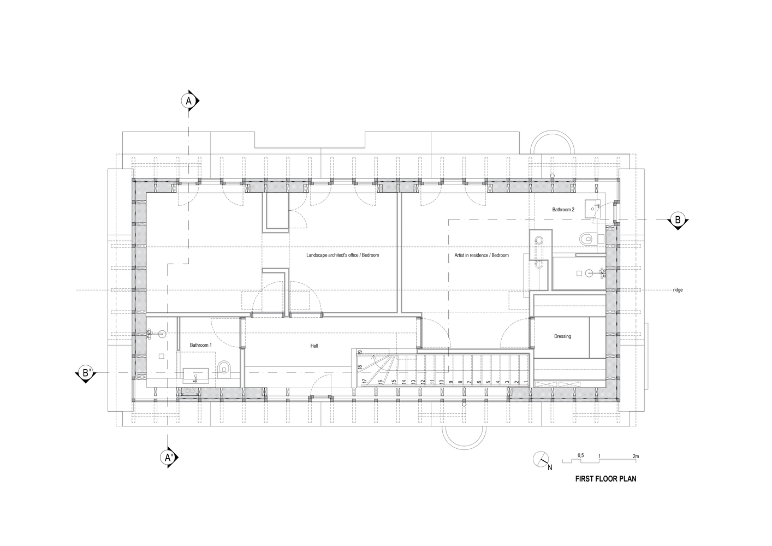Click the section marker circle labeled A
click(x=189, y=102)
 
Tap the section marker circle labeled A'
click(x=167, y=458)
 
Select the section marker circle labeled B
click(x=678, y=220)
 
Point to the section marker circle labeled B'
click(x=86, y=373)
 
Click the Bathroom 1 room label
click(x=201, y=345)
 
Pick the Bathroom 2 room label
click(x=563, y=210)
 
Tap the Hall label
click(x=314, y=346)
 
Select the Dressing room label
click(x=562, y=336)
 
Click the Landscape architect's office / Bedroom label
click(x=342, y=256)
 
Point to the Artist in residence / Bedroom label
click(x=482, y=256)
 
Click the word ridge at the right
click(x=678, y=290)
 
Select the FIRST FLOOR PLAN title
click(x=605, y=479)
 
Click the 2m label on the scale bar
click(x=636, y=455)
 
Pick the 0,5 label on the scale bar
click(x=581, y=455)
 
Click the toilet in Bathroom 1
click(x=224, y=369)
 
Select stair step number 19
click(x=360, y=352)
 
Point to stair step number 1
click(x=525, y=382)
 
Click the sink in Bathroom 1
click(x=195, y=374)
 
